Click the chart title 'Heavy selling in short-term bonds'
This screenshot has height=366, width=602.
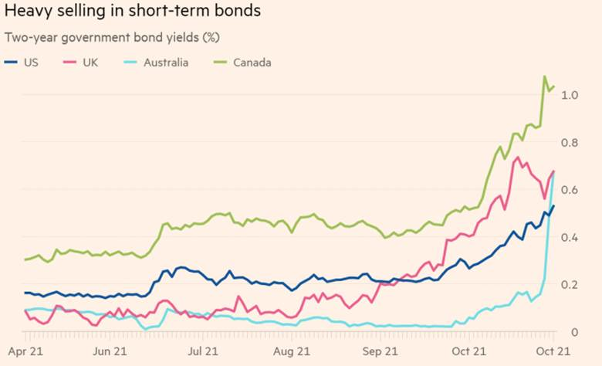132,12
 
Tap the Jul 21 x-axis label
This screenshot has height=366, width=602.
203,351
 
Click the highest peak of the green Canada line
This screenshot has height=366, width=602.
545,76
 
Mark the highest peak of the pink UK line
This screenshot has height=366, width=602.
516,158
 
